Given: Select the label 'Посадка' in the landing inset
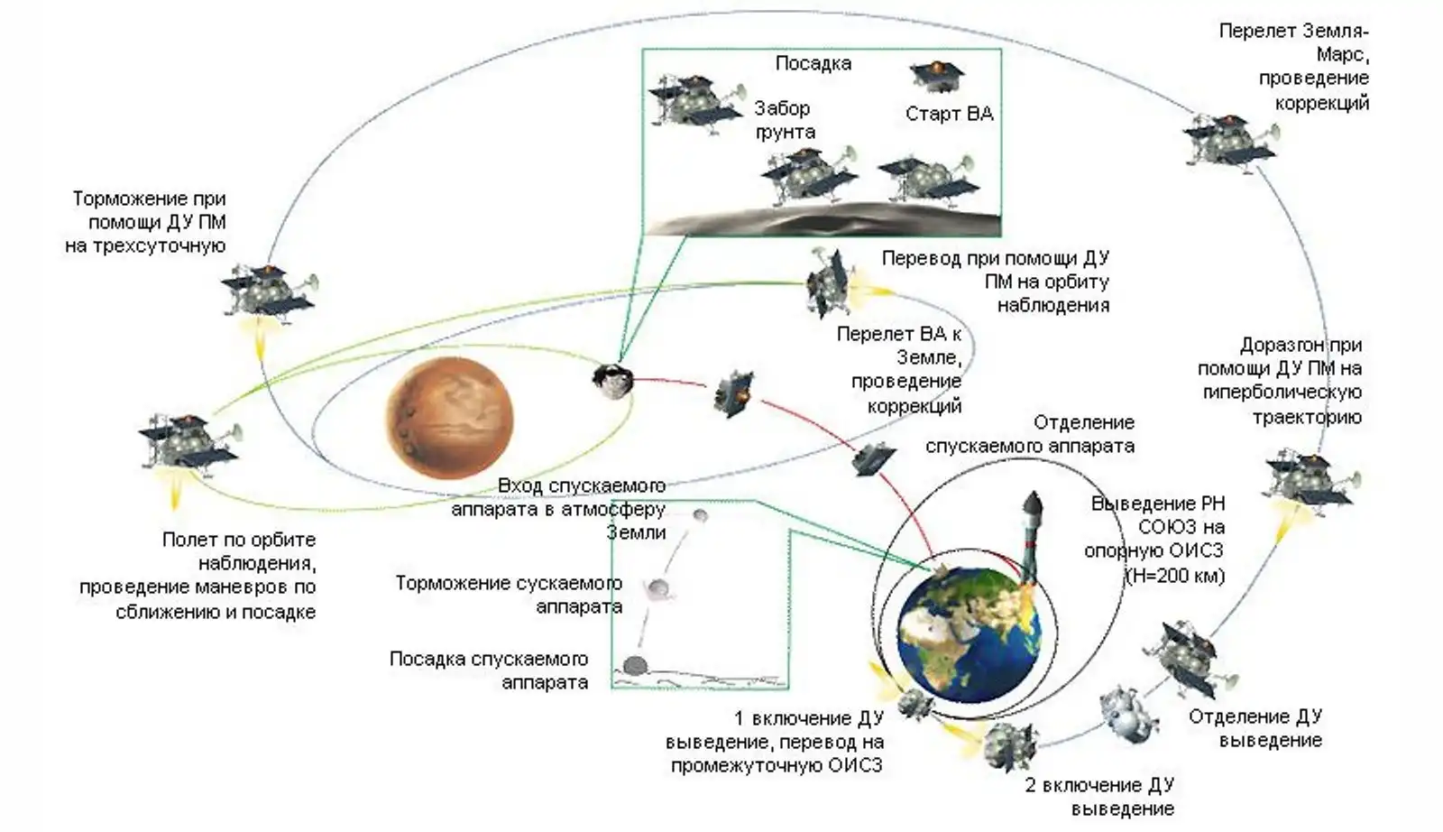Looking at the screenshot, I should (x=813, y=64).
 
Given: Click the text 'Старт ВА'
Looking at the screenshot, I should (x=949, y=114).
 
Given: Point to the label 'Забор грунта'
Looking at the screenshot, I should (x=783, y=119).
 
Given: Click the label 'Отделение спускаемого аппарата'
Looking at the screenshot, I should (x=1030, y=434).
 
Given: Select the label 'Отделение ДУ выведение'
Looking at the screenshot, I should (x=1255, y=728).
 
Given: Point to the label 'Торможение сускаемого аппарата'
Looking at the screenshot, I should (x=509, y=595).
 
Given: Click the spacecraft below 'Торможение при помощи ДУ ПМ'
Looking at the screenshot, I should (x=267, y=291).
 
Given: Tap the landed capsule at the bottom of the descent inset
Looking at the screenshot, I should (x=635, y=666).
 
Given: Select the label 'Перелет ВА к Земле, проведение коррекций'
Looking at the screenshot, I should (x=899, y=370).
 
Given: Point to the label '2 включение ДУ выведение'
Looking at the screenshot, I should (x=1099, y=796).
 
